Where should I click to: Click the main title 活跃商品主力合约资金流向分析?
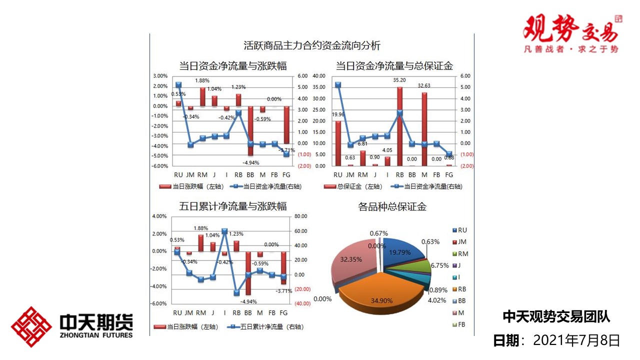point(312,46)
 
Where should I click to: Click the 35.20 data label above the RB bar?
point(399,79)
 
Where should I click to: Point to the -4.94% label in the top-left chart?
point(250,162)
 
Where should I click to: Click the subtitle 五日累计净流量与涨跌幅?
point(232,206)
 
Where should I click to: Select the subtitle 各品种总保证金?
point(392,206)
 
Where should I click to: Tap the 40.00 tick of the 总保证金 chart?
point(318,76)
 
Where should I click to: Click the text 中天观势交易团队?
point(556,316)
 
